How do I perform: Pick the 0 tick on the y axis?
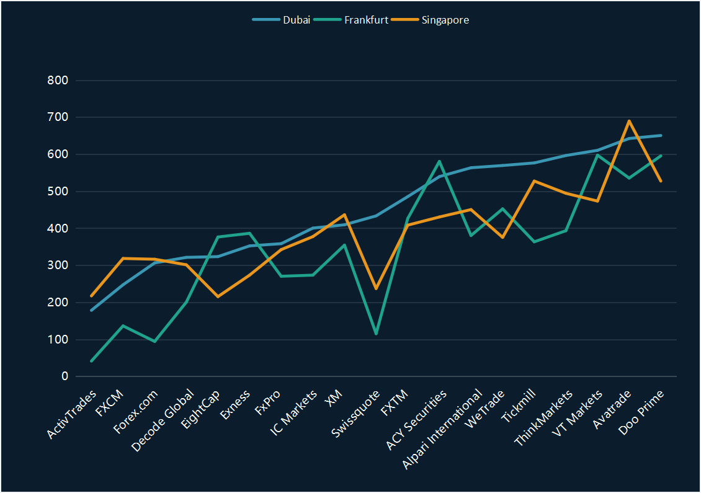tap(65, 376)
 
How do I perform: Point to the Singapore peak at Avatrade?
tap(629, 121)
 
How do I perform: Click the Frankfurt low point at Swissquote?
tap(376, 334)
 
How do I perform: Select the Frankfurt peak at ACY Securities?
tap(439, 161)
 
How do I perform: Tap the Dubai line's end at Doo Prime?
tap(661, 135)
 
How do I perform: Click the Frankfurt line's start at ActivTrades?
tap(91, 361)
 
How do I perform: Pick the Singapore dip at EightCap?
tap(218, 296)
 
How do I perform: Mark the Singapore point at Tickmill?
tap(534, 180)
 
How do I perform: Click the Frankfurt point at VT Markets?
tap(597, 155)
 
